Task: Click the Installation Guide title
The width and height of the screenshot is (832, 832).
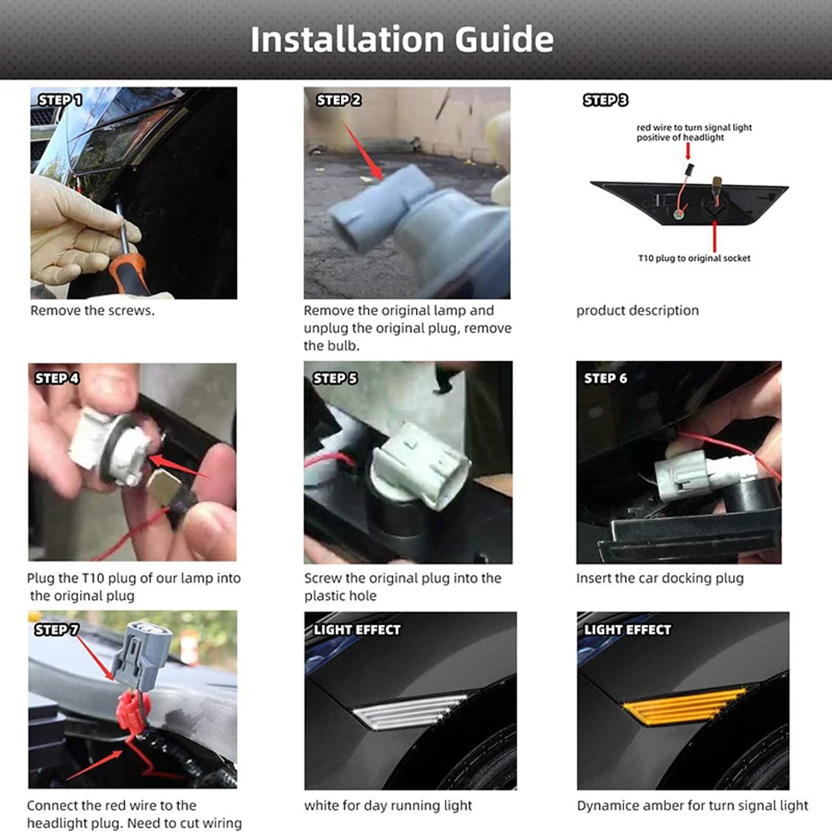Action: (402, 39)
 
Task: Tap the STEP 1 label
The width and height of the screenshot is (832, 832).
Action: (60, 100)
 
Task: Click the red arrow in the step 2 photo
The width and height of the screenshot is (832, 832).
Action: (362, 151)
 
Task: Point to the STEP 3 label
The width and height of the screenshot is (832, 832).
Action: (605, 100)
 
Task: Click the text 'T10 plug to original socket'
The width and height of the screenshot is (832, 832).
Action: (694, 259)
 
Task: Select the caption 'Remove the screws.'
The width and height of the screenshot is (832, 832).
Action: (92, 310)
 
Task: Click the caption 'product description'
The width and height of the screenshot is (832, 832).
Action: (637, 310)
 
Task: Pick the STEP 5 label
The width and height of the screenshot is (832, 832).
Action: (334, 378)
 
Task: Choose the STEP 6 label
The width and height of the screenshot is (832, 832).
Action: (606, 378)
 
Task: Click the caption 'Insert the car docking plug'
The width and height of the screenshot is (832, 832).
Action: (660, 578)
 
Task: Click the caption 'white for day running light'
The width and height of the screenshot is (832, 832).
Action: (388, 805)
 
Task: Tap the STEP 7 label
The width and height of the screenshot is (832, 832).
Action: (57, 629)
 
